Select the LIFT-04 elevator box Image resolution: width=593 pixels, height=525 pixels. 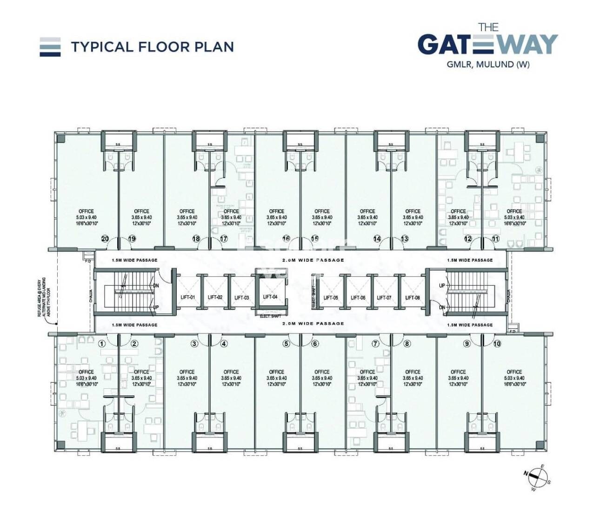[270, 292]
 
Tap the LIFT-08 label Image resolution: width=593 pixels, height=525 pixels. [413, 298]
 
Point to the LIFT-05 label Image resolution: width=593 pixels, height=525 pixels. [331, 298]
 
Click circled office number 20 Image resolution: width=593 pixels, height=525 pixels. [105, 239]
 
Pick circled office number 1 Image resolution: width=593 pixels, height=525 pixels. [102, 344]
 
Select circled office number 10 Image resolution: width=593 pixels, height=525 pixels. [497, 344]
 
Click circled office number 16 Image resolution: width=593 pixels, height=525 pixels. [286, 239]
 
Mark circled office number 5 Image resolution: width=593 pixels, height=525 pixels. [287, 344]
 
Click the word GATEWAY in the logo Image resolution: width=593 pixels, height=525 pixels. [487, 45]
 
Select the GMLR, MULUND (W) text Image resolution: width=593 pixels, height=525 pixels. [488, 65]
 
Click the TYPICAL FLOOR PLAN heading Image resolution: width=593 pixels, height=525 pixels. [152, 47]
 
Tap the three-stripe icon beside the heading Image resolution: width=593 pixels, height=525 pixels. [50, 47]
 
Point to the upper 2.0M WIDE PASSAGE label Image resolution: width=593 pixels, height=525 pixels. [313, 260]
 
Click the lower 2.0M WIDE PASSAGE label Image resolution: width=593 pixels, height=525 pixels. [313, 323]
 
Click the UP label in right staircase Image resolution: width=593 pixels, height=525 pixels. [442, 286]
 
